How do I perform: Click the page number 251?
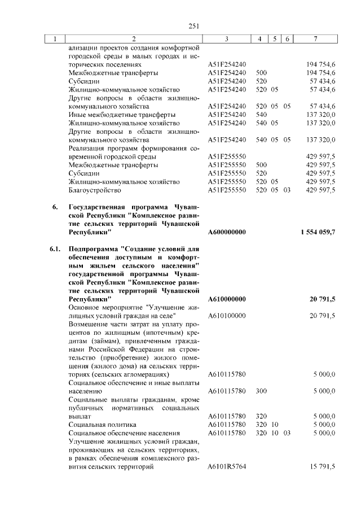coord(195,25)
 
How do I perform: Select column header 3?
coord(226,39)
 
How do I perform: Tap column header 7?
coord(315,39)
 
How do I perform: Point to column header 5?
coord(274,39)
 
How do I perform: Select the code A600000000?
coord(226,232)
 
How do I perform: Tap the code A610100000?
coord(226,315)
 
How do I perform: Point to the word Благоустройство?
coord(94,190)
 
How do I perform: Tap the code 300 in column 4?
coord(261,391)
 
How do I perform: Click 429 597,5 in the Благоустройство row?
coord(320,190)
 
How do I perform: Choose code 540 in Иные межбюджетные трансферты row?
coord(261,115)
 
